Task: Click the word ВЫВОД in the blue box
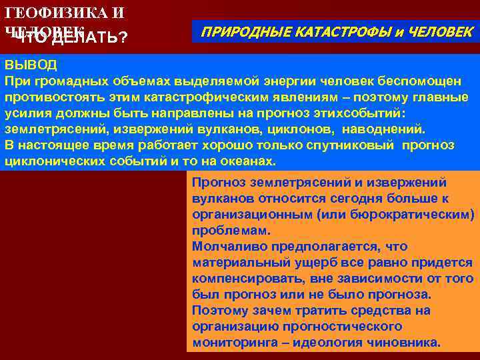tap(31, 65)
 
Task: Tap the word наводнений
tap(389, 129)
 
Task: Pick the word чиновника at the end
tap(409, 343)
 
